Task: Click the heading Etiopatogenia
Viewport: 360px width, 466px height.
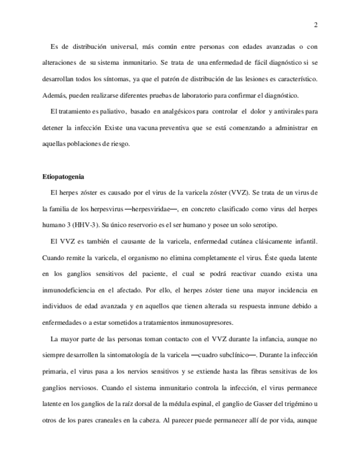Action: pos(63,177)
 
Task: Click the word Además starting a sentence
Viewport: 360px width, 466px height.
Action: pos(54,95)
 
